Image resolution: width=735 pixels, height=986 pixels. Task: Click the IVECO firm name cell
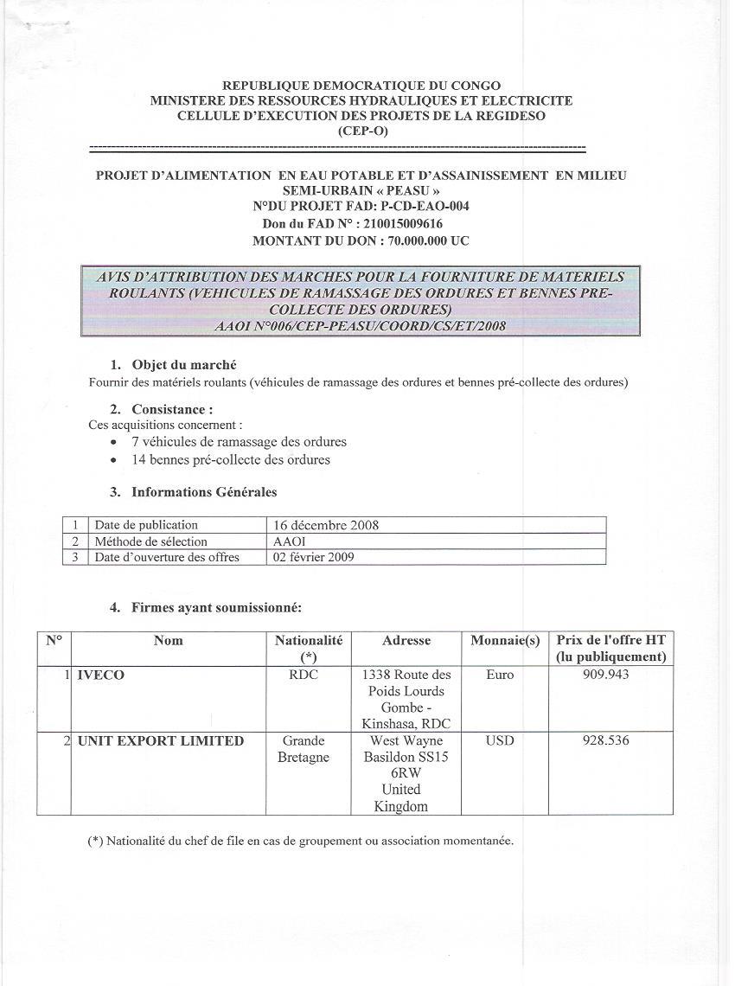101,675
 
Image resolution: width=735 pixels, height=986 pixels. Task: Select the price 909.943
611,675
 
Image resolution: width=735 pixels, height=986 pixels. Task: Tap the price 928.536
611,740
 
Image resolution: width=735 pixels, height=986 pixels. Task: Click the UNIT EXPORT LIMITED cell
161,741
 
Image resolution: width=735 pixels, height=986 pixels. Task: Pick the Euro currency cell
500,675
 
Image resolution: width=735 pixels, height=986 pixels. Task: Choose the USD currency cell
500,740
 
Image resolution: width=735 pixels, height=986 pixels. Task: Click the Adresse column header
406,641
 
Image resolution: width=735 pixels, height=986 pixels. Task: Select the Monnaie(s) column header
505,641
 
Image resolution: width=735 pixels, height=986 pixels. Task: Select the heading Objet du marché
183,365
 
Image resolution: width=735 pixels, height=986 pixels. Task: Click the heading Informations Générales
204,492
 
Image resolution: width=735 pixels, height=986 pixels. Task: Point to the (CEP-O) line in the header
361,131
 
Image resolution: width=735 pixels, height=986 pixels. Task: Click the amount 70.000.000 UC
421,241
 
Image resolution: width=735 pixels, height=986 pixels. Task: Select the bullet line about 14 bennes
230,460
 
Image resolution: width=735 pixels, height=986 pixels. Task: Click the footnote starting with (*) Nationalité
301,840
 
